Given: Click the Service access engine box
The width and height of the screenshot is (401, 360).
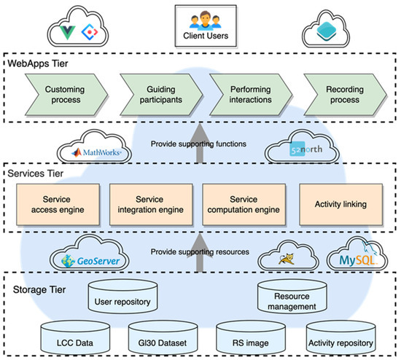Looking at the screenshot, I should click(59, 203).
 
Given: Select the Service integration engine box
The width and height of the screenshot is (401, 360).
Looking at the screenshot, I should click(151, 203).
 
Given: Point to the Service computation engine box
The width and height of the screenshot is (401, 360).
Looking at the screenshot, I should click(245, 203).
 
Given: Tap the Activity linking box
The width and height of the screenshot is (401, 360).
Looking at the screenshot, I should click(340, 203).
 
